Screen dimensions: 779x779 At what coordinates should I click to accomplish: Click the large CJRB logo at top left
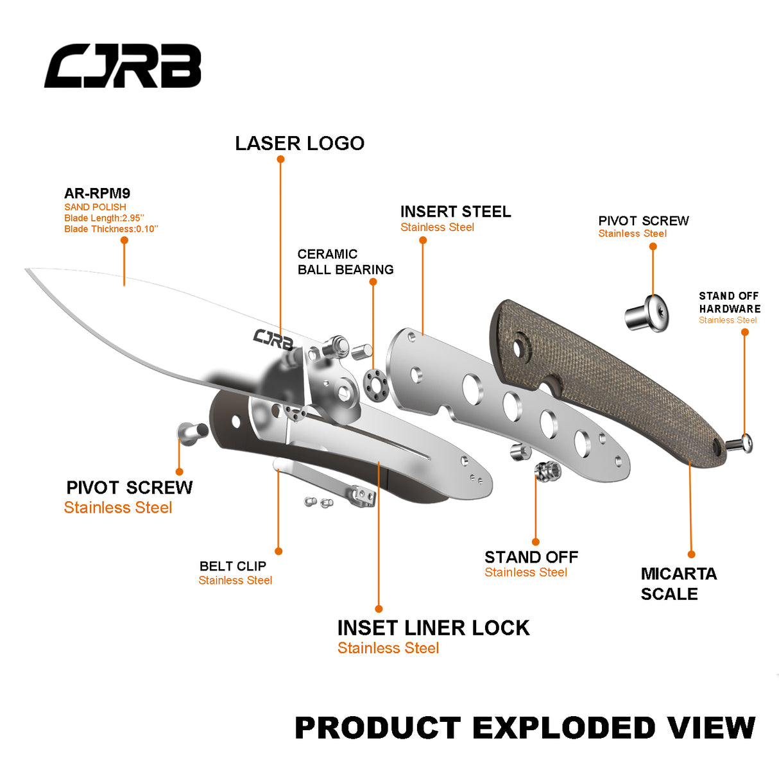pos(123,66)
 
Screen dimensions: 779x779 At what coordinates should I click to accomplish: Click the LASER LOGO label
pos(300,143)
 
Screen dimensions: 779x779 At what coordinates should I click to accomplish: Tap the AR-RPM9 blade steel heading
pos(97,193)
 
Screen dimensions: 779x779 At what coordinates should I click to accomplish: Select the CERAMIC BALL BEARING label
pos(345,262)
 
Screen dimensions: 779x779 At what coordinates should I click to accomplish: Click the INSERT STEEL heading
pos(456,212)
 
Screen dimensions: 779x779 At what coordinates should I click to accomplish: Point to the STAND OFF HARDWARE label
pos(729,302)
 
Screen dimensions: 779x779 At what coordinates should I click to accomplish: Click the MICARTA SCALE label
pos(678,583)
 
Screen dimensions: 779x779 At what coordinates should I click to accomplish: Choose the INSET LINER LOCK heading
pos(433,628)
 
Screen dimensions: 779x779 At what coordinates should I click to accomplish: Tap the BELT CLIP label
pos(232,566)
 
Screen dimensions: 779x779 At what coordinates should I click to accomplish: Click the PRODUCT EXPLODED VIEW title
pos(525,728)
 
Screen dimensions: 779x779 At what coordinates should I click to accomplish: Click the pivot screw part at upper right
pos(647,314)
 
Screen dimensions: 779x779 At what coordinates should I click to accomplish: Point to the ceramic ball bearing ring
pos(375,384)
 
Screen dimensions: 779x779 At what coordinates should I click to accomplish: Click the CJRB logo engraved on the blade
pos(273,338)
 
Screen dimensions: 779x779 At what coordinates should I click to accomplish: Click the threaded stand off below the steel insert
pos(547,472)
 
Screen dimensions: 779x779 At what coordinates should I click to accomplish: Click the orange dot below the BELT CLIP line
pos(278,551)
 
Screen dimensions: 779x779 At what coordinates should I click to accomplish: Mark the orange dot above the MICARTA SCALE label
pos(692,554)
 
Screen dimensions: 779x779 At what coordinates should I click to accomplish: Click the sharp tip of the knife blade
pos(27,270)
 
